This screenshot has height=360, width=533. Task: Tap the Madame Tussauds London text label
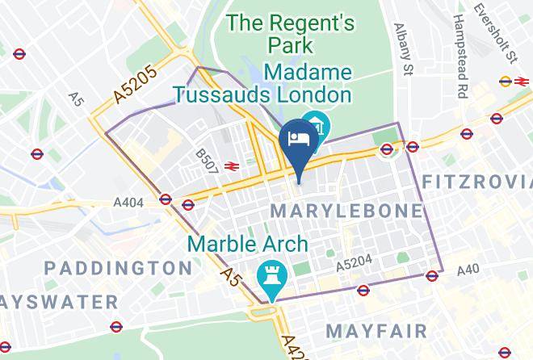click(x=264, y=84)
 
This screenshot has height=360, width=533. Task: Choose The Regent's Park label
click(x=291, y=33)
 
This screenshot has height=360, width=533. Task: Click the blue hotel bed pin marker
click(x=297, y=139)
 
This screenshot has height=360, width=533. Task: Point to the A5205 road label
click(x=135, y=83)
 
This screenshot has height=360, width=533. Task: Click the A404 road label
click(x=129, y=203)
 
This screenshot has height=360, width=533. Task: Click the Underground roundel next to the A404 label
click(x=166, y=199)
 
